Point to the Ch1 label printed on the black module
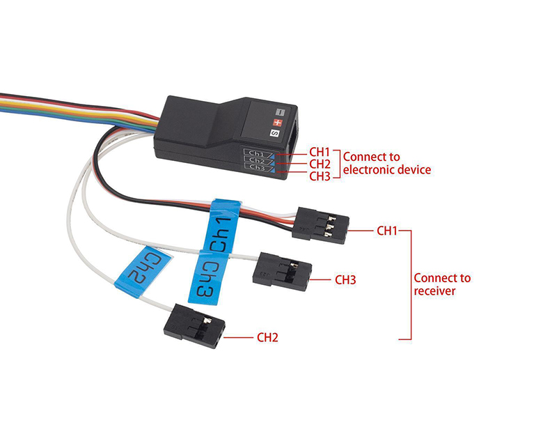[256, 153]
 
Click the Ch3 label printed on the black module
[256, 168]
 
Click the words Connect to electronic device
[386, 162]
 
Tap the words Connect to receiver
[441, 284]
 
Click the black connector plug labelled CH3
[281, 269]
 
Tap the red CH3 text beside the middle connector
[345, 280]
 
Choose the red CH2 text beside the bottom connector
[267, 338]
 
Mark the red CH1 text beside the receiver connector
[387, 229]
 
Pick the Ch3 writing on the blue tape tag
[206, 281]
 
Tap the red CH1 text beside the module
[319, 151]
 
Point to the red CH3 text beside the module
[319, 176]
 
